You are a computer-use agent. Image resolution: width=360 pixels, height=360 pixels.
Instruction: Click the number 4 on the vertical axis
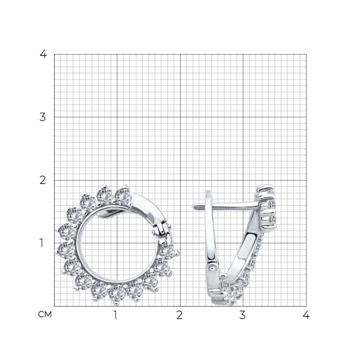pyautogui.click(x=43, y=54)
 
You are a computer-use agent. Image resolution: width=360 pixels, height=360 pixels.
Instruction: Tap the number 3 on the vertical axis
pyautogui.click(x=43, y=117)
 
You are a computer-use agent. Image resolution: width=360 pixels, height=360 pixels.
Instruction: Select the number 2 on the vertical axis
pyautogui.click(x=43, y=180)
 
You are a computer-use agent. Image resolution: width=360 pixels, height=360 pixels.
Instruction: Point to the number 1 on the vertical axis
pyautogui.click(x=41, y=243)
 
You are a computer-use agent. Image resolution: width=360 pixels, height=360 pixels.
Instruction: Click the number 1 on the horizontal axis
pyautogui.click(x=115, y=315)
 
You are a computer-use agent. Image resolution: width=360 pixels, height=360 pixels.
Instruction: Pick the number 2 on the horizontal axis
pyautogui.click(x=179, y=315)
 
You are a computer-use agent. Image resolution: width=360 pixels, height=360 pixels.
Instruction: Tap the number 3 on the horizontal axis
pyautogui.click(x=243, y=315)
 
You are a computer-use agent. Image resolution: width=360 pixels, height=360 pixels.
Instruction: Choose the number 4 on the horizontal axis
pyautogui.click(x=306, y=315)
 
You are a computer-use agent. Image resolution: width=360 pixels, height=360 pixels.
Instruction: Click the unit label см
pyautogui.click(x=45, y=315)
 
